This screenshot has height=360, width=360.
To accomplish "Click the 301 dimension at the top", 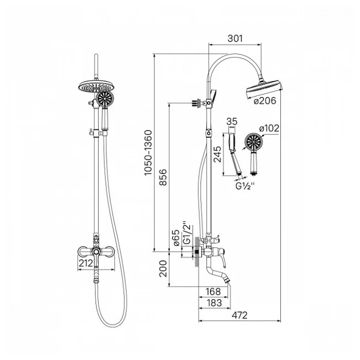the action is point(235,39).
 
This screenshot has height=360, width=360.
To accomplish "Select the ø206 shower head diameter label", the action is point(264,101).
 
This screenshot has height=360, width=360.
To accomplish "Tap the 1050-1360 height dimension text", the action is point(148,153).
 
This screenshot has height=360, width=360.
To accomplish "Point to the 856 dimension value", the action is point(163,177).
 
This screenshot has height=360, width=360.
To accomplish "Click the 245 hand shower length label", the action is point(217,154).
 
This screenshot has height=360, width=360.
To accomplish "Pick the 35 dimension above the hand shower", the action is point(232,121).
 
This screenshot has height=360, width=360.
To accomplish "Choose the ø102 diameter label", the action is point(269,128).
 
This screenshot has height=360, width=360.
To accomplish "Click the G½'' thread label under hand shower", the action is point(245,185).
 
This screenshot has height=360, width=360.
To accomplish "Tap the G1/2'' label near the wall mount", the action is point(187,233).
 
